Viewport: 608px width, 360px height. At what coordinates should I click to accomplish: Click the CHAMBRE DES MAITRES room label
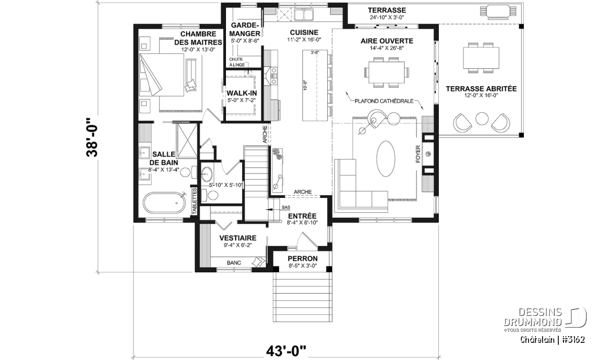pos(195,38)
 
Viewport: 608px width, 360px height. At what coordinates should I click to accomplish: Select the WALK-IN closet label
pos(242,93)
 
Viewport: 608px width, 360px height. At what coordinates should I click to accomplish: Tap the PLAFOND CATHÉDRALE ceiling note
pos(384,100)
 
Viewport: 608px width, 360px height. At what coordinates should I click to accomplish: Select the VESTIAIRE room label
pos(237,237)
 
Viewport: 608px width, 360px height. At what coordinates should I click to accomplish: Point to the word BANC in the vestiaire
pos(234,263)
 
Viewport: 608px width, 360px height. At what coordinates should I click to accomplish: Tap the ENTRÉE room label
pos(301,216)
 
